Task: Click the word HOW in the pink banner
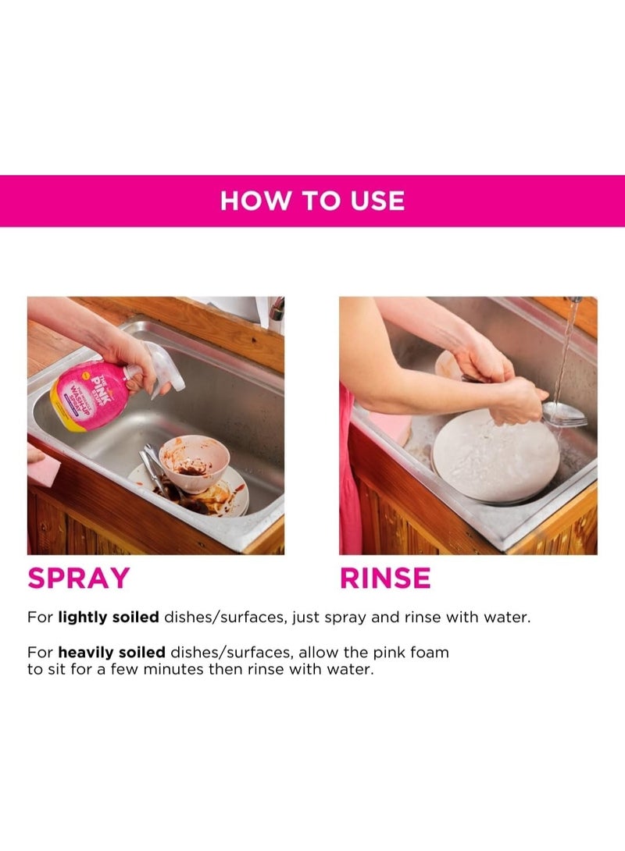(247, 201)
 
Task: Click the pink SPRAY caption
(78, 579)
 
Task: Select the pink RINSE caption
(385, 579)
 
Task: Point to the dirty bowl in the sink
(193, 462)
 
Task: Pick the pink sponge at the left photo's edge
(43, 468)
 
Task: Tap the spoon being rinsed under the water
(564, 414)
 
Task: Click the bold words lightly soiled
(109, 617)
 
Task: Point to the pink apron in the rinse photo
(349, 484)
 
